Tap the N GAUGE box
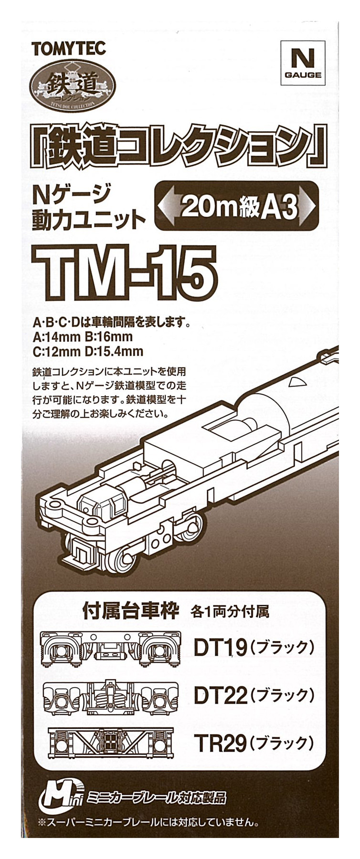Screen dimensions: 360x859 pos(303,61)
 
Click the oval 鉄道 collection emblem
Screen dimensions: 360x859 pos(72,86)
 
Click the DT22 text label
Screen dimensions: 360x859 pos(220,696)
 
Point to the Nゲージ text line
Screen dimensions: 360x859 pos(71,194)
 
